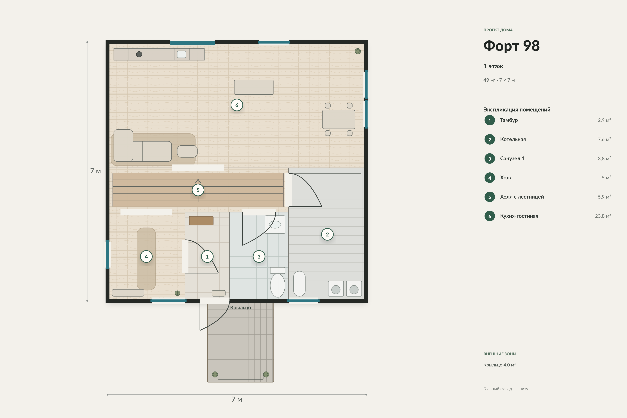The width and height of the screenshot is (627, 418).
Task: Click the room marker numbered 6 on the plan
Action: (237, 105)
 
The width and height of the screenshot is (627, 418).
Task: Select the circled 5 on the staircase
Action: (198, 190)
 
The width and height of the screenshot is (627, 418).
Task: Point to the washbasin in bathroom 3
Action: (275, 225)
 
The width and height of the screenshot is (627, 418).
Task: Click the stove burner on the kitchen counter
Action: (139, 54)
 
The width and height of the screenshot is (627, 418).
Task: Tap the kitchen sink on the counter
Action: (181, 54)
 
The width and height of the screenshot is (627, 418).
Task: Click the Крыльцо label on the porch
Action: (241, 307)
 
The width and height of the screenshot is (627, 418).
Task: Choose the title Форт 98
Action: (511, 46)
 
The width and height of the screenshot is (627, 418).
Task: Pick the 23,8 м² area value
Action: (603, 216)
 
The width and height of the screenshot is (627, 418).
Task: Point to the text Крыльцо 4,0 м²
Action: (499, 365)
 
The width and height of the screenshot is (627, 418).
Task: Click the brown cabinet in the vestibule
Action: (201, 221)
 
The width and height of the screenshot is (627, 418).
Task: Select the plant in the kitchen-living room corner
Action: (358, 51)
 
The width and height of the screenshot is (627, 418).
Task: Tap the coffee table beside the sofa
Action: (187, 151)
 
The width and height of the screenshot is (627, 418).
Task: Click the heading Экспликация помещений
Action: (517, 110)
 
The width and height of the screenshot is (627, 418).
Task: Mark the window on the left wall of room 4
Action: (108, 255)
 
